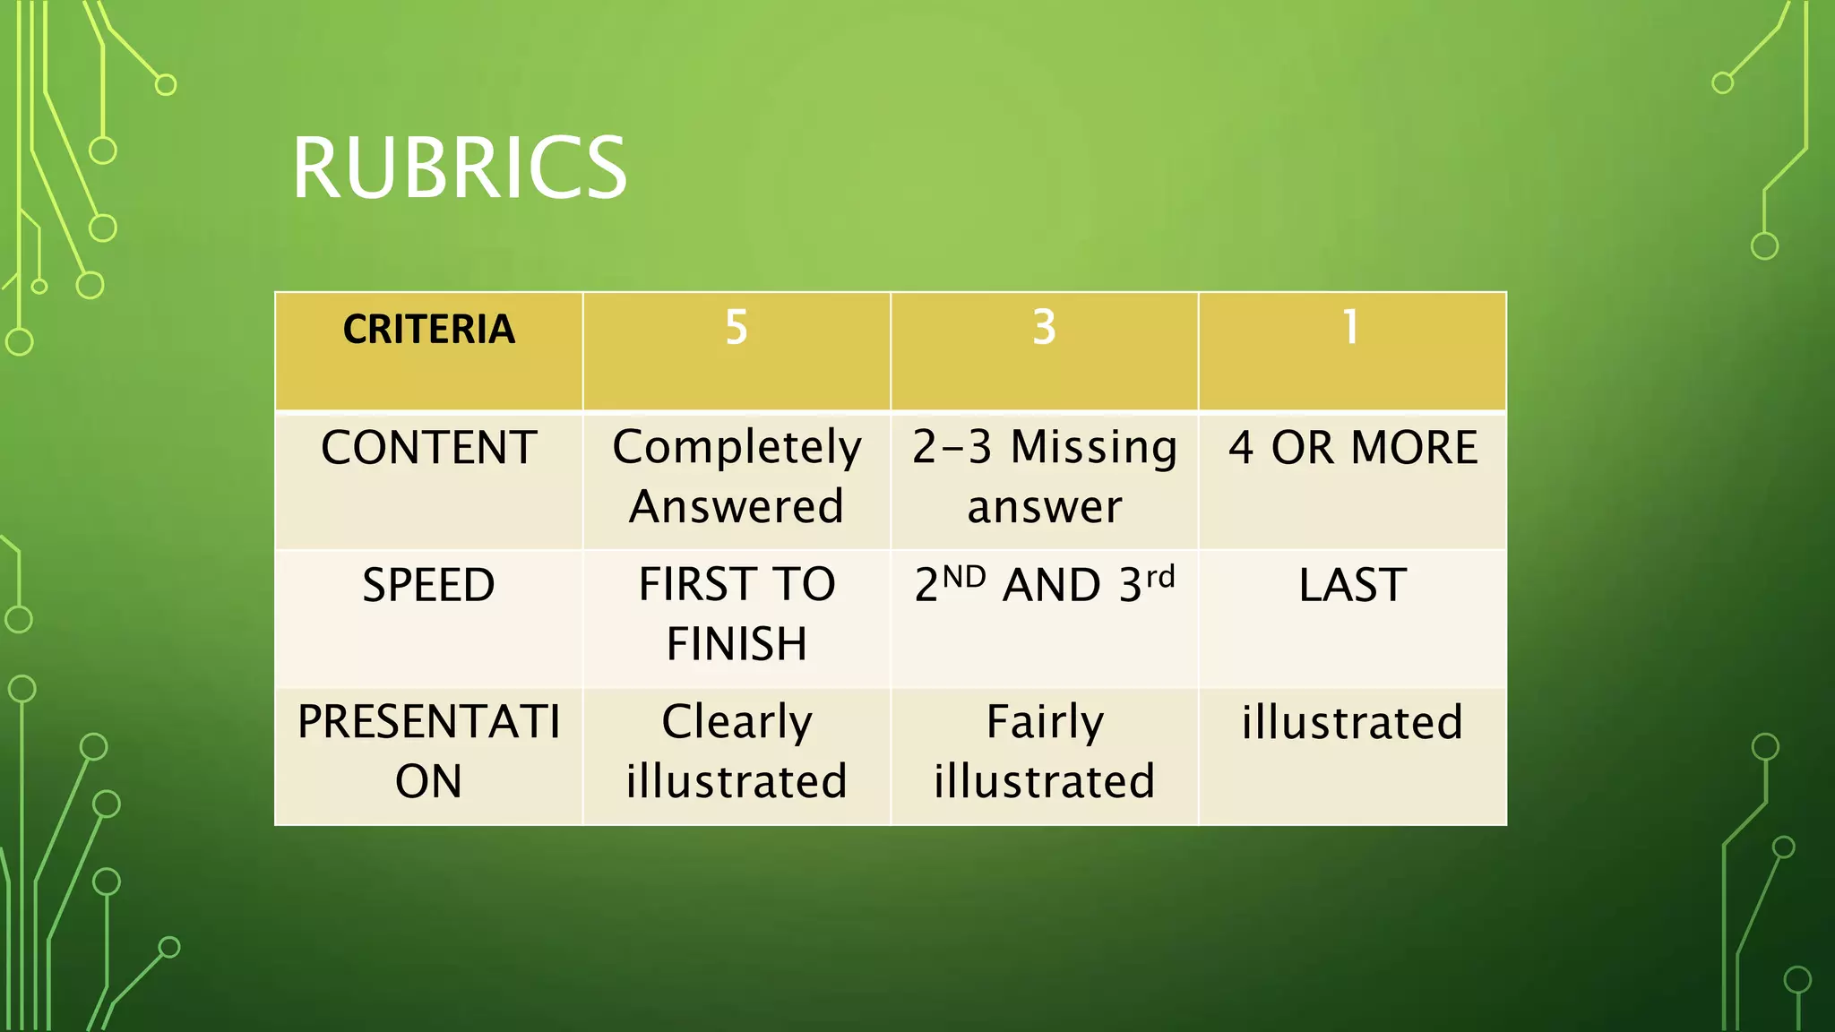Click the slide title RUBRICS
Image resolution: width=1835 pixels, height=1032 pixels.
(459, 168)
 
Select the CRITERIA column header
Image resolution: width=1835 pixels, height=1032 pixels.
(428, 329)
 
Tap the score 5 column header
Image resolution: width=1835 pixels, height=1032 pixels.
(736, 327)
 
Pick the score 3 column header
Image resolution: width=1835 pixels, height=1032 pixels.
(1044, 327)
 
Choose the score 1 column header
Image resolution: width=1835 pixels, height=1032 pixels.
(1350, 327)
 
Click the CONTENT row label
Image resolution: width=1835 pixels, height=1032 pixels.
(428, 448)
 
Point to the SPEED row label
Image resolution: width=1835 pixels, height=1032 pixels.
(428, 586)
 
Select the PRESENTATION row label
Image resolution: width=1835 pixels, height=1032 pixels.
(428, 751)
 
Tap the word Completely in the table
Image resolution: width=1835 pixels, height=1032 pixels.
(737, 448)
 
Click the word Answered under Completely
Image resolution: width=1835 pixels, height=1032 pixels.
(737, 507)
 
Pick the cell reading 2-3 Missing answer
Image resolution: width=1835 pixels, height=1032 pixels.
(1044, 477)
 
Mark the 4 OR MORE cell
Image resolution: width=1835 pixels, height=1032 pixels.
(1352, 448)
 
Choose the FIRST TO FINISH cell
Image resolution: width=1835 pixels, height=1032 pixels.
(737, 614)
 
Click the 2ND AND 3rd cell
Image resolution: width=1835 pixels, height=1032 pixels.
(1044, 586)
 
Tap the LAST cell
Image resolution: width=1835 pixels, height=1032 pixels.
(1352, 586)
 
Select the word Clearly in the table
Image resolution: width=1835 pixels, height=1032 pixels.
(737, 722)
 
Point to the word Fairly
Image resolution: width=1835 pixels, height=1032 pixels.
(1045, 722)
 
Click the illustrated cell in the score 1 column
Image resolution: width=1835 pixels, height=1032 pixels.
(1352, 722)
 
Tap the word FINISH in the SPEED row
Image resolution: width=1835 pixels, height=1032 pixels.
(737, 644)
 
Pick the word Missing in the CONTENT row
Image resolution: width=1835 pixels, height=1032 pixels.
(1093, 447)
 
